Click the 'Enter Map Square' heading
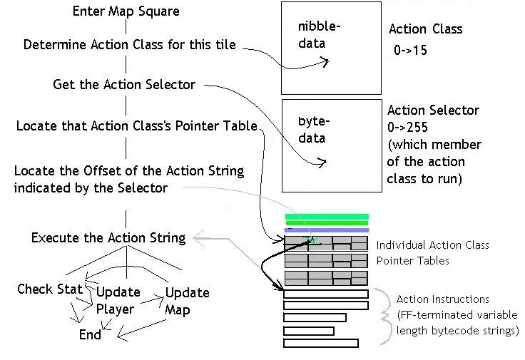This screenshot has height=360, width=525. tap(126, 11)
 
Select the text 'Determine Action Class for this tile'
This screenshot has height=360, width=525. tap(129, 45)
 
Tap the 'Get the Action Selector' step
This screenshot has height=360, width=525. tap(124, 85)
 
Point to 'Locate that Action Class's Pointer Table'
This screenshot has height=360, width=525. tap(136, 126)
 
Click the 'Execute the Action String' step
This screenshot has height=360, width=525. tap(108, 237)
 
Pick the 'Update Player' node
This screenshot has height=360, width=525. tap(117, 300)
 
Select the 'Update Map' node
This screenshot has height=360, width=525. tap(187, 300)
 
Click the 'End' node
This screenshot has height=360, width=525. tap(90, 334)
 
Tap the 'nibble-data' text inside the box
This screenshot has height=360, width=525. tap(320, 35)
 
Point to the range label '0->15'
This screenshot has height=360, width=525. tap(410, 51)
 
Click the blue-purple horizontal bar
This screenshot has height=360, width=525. tap(326, 230)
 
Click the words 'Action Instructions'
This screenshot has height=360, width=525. tap(443, 299)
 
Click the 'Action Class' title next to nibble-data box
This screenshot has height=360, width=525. tap(425, 29)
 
